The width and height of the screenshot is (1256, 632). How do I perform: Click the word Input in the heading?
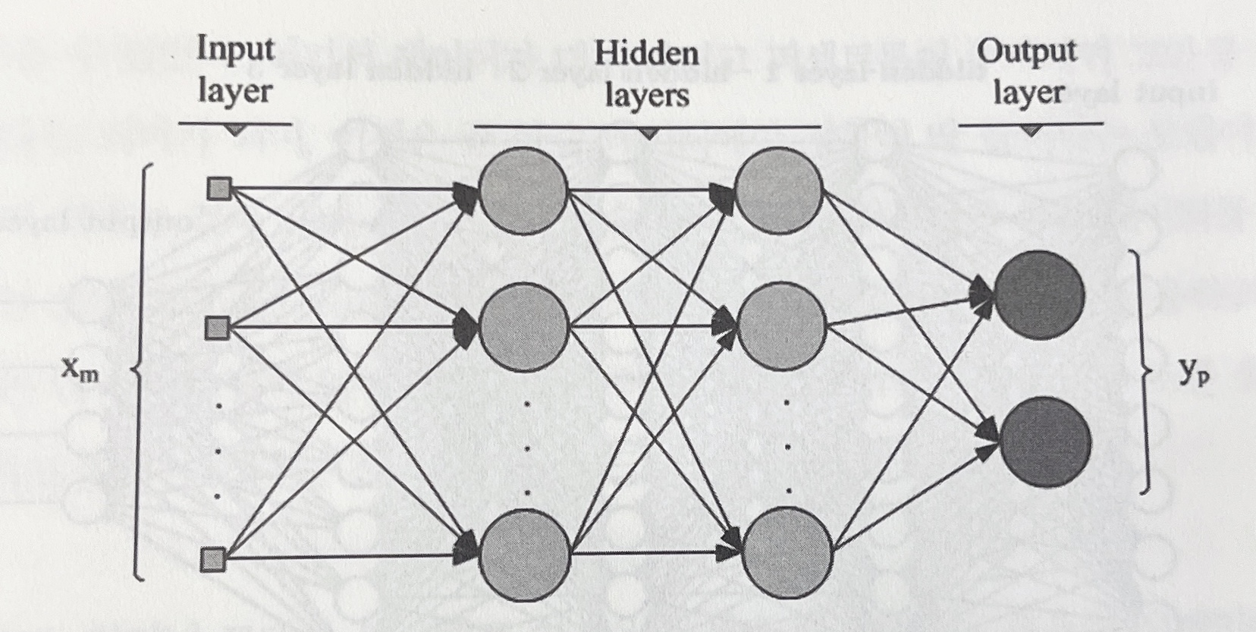(235, 51)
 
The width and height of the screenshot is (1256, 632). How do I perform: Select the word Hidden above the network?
(646, 53)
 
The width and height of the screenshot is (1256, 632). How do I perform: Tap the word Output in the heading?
(1026, 52)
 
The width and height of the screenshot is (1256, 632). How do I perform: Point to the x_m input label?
(80, 371)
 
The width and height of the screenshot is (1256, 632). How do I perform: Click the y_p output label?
(1194, 374)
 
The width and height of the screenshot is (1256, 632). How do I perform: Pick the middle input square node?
(218, 328)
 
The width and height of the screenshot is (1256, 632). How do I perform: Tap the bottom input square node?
(213, 560)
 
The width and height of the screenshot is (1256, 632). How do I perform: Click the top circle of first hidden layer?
(523, 189)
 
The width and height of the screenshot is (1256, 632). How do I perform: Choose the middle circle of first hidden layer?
(523, 326)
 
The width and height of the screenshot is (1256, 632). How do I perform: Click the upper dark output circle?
(1038, 294)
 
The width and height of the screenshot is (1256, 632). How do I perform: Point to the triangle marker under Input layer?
(235, 130)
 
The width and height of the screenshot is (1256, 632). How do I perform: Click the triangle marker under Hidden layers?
(648, 133)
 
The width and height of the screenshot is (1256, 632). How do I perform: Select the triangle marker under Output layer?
(1030, 130)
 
